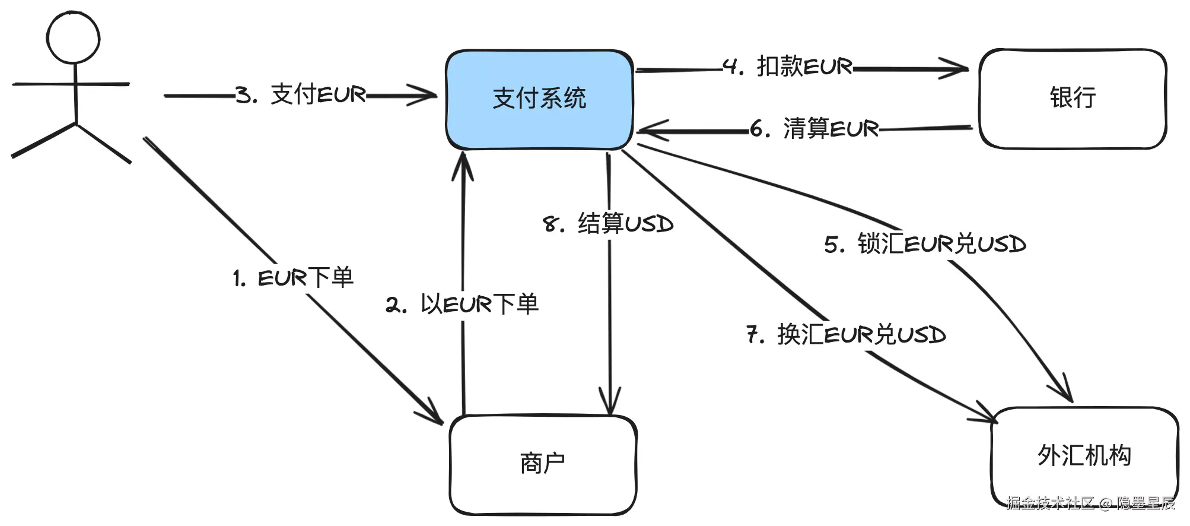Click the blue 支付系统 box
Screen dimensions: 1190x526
(539, 99)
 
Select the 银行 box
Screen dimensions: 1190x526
(1073, 99)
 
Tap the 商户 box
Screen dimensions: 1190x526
(543, 464)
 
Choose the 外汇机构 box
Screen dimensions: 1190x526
(1084, 456)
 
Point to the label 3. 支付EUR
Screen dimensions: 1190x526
(301, 95)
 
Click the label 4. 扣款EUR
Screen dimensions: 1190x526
(788, 66)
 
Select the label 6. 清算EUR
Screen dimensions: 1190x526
(814, 128)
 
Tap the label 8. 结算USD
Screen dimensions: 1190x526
(608, 224)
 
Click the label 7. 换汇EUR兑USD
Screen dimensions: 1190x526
(846, 335)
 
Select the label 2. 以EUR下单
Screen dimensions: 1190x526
(462, 305)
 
